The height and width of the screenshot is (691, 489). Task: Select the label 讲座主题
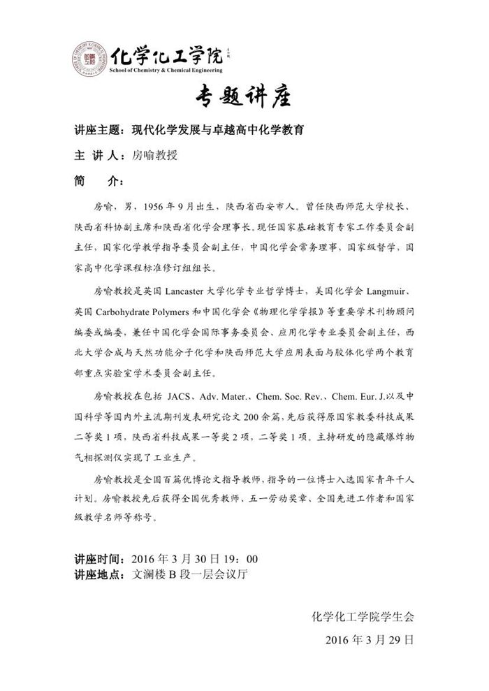pos(97,130)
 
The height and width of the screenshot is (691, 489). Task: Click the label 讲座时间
pos(97,560)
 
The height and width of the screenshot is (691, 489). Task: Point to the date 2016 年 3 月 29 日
pos(370,639)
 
